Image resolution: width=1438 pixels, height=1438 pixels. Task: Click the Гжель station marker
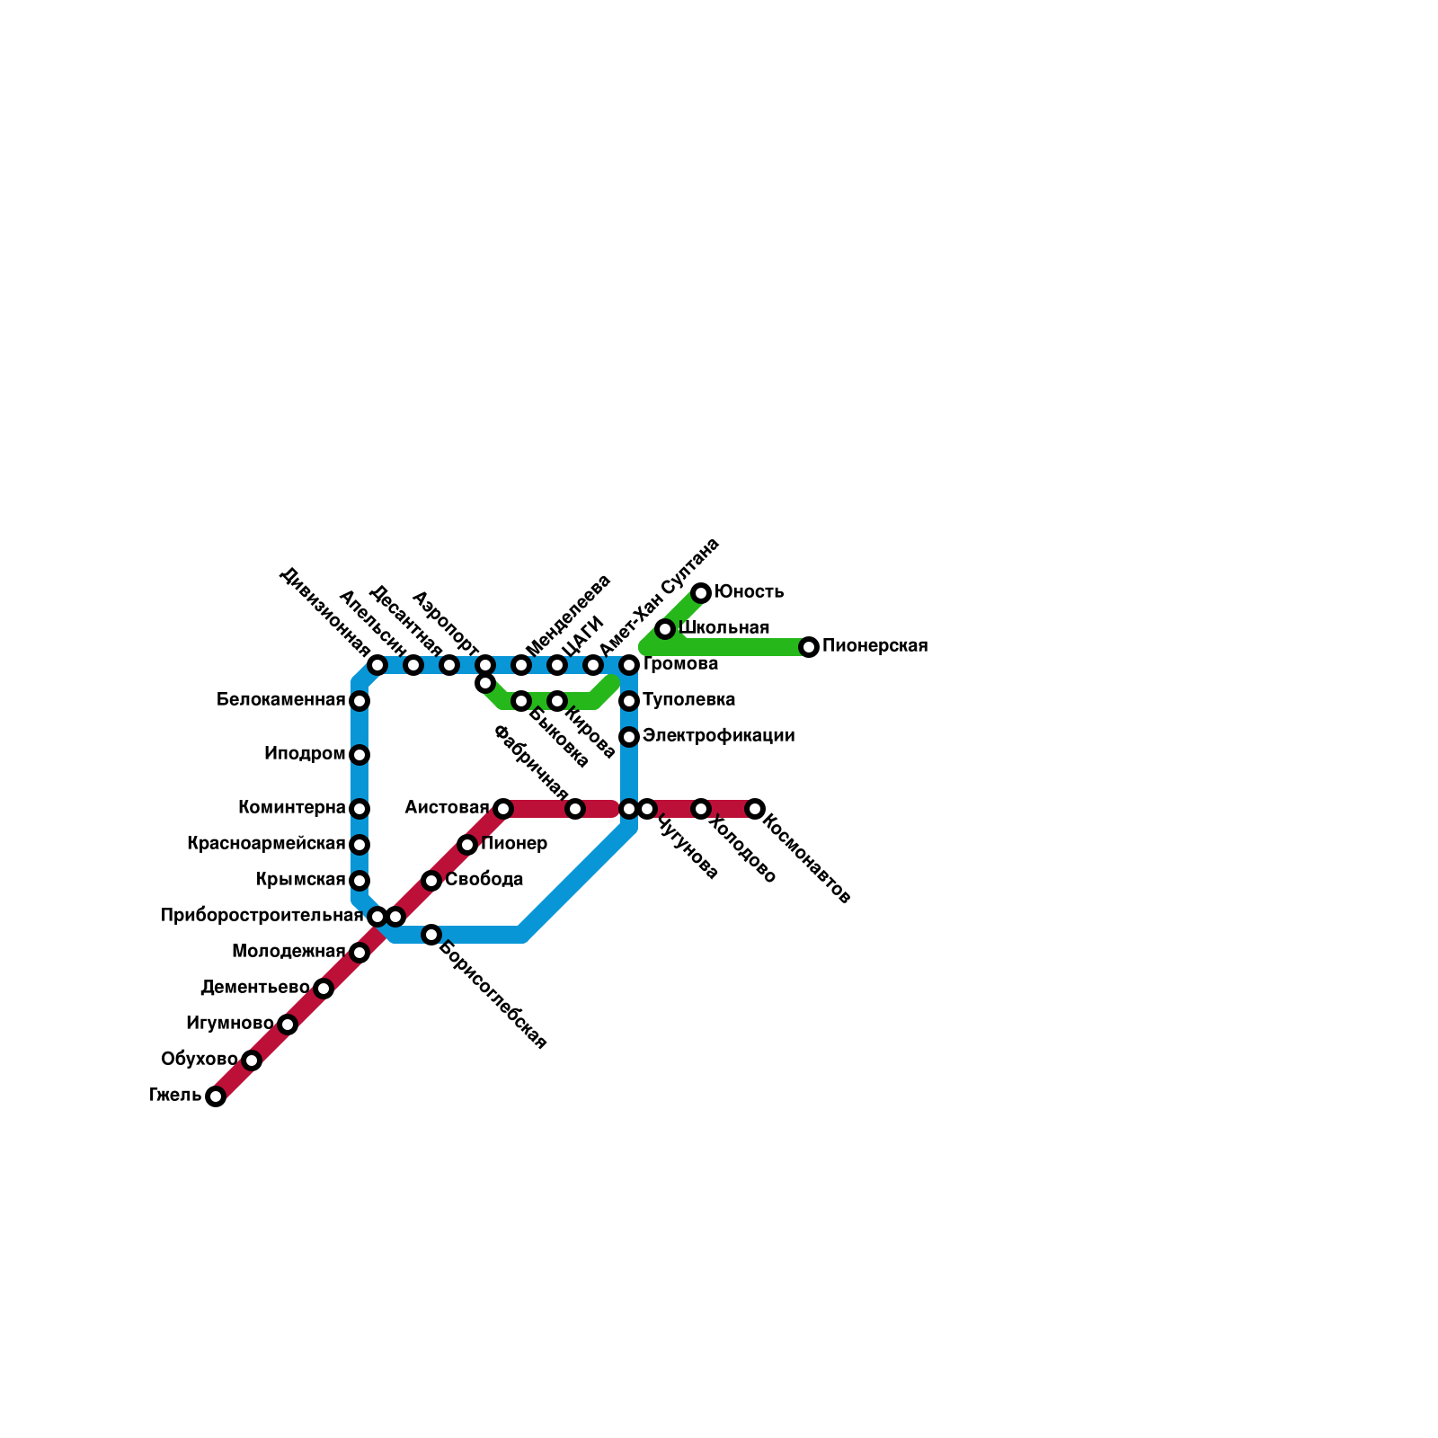[216, 1096]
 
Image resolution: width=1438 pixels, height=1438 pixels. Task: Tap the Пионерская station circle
[809, 647]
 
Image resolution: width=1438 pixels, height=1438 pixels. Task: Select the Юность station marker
[701, 593]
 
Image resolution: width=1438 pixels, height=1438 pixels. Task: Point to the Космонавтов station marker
[755, 809]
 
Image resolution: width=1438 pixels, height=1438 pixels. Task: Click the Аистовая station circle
[503, 809]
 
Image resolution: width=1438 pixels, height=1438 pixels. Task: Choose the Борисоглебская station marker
[431, 935]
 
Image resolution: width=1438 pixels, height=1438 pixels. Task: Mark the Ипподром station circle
[359, 755]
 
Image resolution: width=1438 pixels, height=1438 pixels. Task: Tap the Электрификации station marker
[629, 737]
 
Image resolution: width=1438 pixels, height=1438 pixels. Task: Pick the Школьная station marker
[665, 629]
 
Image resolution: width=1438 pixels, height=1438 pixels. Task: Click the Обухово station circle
[252, 1061]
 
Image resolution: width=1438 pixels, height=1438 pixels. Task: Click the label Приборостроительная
[262, 916]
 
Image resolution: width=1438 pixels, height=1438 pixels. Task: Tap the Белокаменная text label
[280, 700]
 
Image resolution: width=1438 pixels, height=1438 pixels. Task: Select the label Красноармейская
[266, 844]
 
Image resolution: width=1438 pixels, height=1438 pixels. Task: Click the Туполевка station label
[688, 700]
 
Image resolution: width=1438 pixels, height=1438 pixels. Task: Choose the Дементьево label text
[254, 988]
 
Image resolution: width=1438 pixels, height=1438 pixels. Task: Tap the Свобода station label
[484, 880]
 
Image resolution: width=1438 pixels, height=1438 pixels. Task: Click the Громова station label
[680, 664]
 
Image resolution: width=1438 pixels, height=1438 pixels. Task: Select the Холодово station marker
[701, 809]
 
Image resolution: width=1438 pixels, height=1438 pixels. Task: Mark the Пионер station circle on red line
[467, 845]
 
